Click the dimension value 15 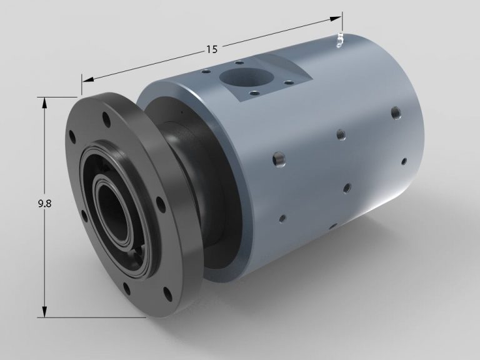212,48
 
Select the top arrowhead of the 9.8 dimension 44,102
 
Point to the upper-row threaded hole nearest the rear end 395,113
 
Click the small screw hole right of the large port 288,81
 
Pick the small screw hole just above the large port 239,62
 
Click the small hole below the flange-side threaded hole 282,218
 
